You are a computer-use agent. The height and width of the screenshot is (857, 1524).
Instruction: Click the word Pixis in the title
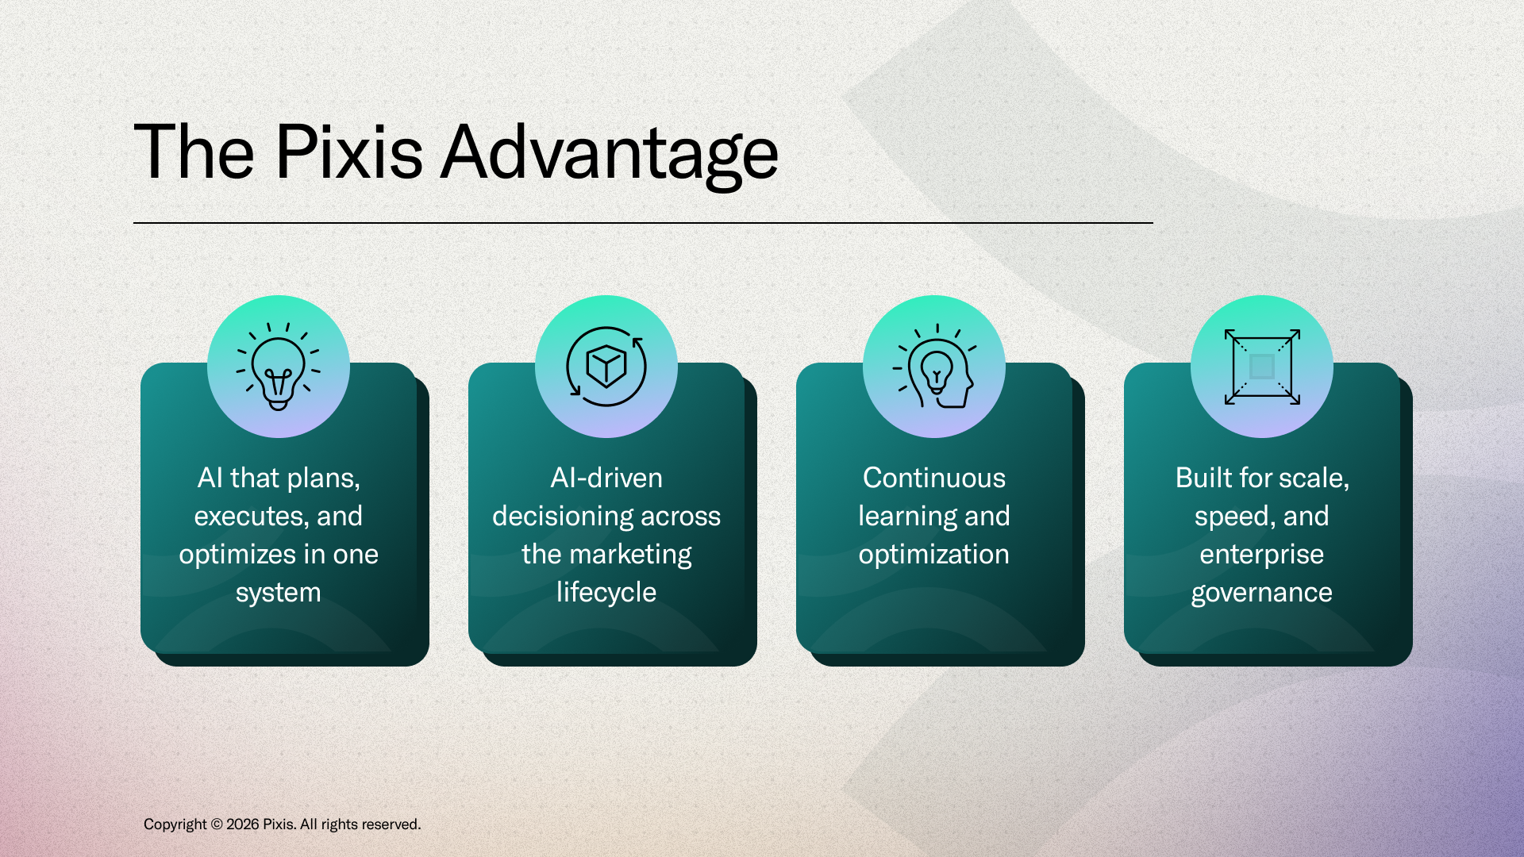pyautogui.click(x=348, y=152)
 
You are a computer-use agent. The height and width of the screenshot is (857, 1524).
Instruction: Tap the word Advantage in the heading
pyautogui.click(x=610, y=156)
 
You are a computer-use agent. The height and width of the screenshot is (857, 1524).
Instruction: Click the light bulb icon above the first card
pyautogui.click(x=278, y=367)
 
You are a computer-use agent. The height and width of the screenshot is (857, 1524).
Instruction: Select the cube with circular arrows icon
pyautogui.click(x=606, y=367)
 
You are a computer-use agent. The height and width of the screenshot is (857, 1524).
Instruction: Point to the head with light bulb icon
pyautogui.click(x=934, y=367)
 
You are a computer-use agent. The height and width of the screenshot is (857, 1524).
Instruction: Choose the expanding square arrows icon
pyautogui.click(x=1262, y=367)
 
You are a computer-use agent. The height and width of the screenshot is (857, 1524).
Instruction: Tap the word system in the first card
pyautogui.click(x=279, y=594)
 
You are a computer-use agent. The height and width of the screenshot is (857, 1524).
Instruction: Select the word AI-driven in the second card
pyautogui.click(x=606, y=478)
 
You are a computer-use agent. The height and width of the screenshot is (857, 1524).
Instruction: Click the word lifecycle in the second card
pyautogui.click(x=606, y=593)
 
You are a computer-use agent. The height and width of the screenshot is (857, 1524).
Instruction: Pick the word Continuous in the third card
pyautogui.click(x=934, y=478)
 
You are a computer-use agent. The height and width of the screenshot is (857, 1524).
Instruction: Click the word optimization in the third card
pyautogui.click(x=934, y=555)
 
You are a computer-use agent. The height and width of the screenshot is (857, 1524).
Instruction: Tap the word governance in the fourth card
pyautogui.click(x=1262, y=594)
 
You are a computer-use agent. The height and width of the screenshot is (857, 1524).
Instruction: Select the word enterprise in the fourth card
pyautogui.click(x=1262, y=555)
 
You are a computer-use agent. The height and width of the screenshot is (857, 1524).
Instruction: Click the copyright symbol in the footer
pyautogui.click(x=217, y=824)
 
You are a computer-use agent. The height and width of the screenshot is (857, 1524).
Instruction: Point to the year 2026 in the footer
pyautogui.click(x=243, y=824)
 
